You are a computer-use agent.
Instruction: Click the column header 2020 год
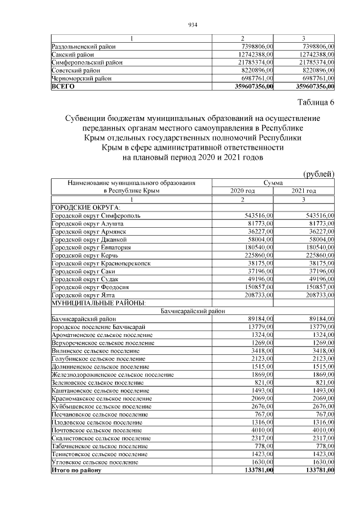click(242, 191)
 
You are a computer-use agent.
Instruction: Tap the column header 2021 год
click(304, 191)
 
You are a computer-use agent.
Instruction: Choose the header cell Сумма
click(273, 183)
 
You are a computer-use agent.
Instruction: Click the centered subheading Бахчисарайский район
click(192, 310)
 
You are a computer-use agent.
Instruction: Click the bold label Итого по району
click(76, 470)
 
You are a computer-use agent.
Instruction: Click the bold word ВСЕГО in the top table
click(62, 87)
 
